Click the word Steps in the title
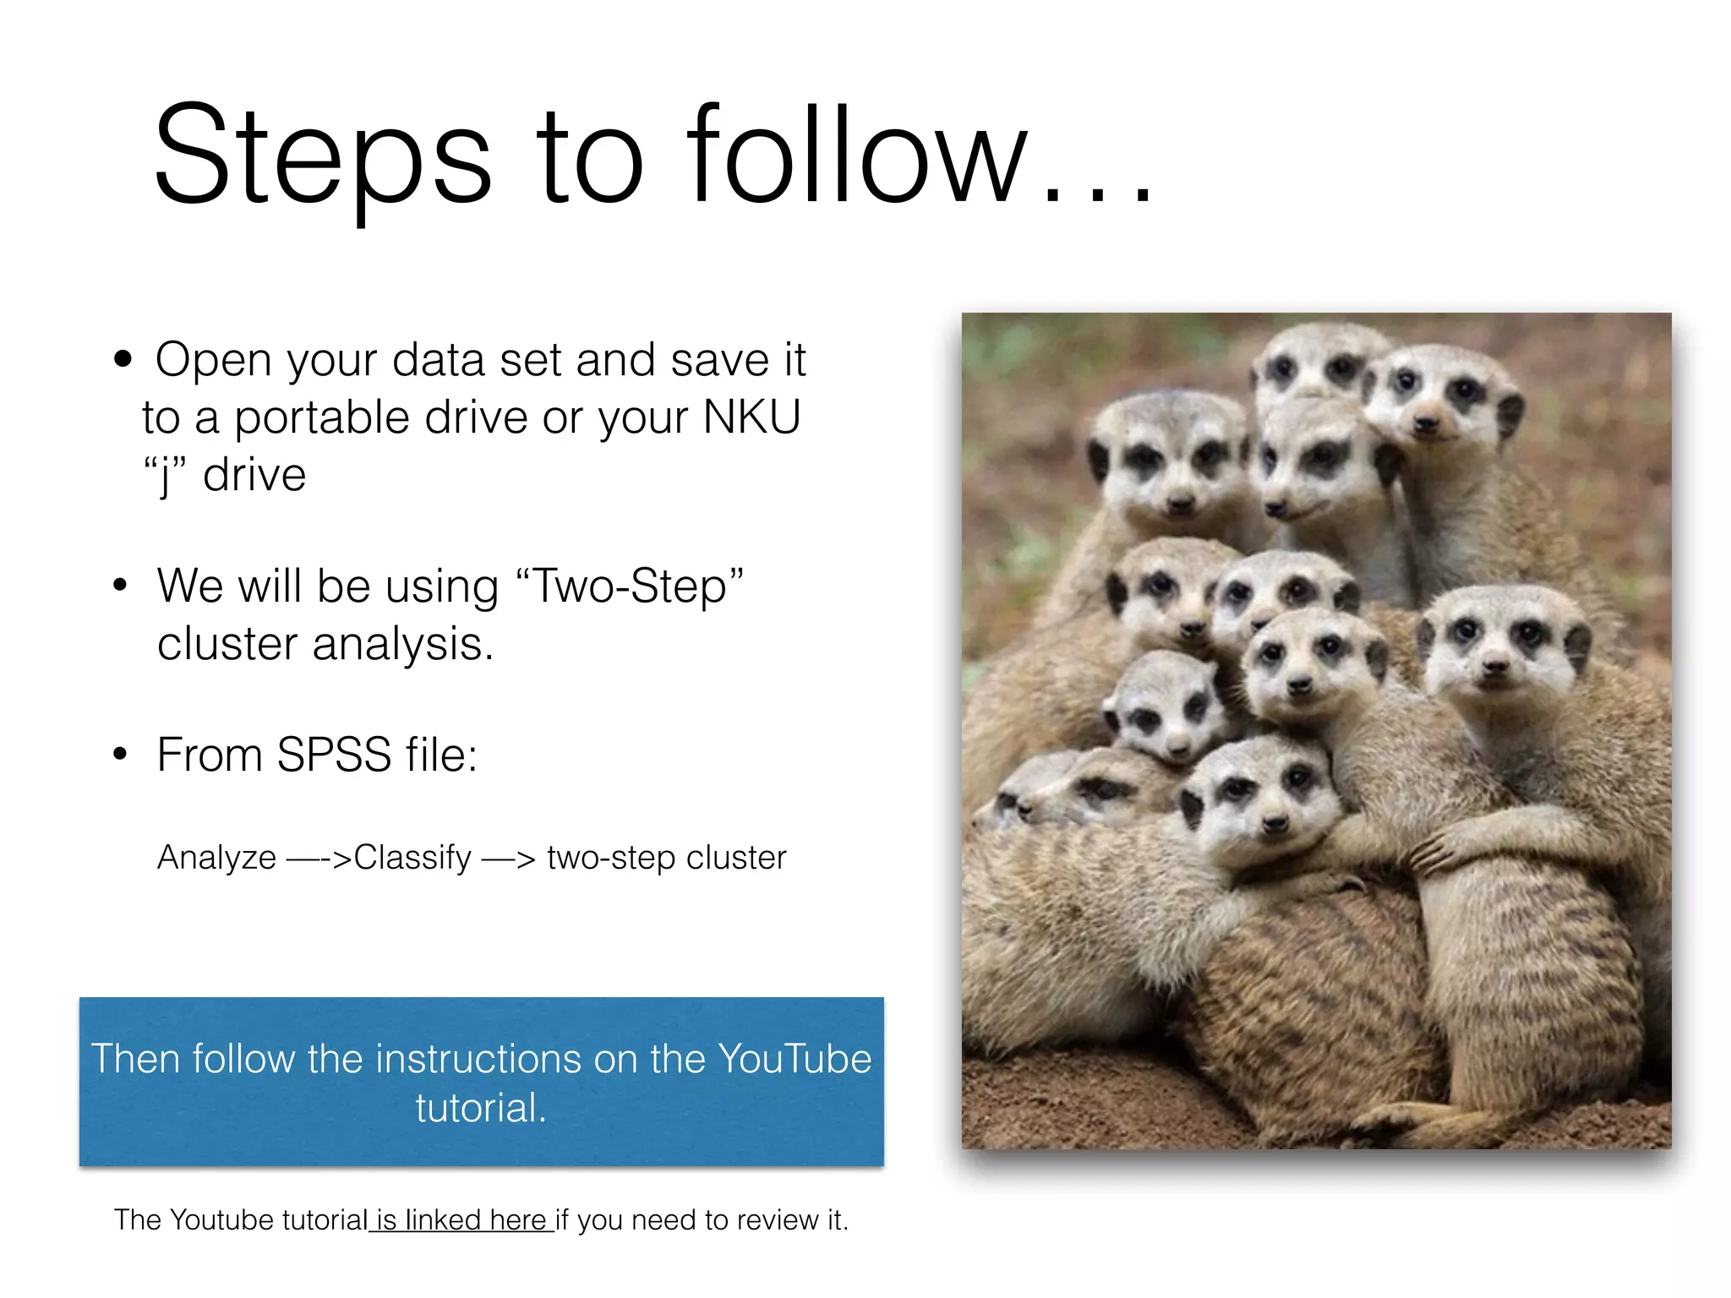[321, 156]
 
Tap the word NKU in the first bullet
[751, 417]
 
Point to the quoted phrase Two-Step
[629, 586]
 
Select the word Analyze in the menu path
[216, 858]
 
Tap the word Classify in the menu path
[412, 858]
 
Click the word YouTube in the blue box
[794, 1059]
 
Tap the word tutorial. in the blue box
[481, 1108]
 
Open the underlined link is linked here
[461, 1220]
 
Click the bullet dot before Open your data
[123, 359]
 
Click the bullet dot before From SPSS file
[121, 754]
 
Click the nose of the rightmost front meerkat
[1494, 668]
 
